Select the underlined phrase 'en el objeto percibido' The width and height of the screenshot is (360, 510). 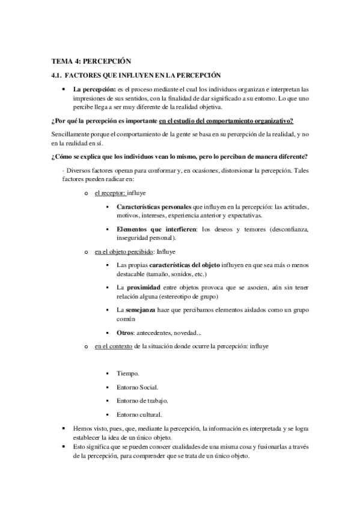point(123,251)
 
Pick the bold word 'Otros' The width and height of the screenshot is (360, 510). point(126,332)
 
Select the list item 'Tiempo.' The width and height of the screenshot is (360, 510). point(128,373)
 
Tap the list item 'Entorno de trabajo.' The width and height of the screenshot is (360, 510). point(142,401)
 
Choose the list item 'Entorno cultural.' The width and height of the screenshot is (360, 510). point(139,414)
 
